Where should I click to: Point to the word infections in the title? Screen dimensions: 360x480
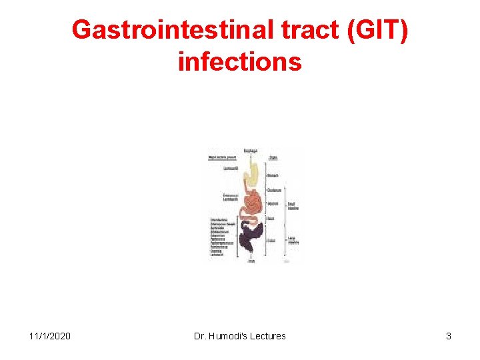click(x=240, y=62)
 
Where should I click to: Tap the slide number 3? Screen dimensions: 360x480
click(x=449, y=336)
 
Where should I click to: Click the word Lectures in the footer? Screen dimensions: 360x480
click(x=268, y=336)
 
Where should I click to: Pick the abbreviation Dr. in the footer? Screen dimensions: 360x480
click(x=200, y=336)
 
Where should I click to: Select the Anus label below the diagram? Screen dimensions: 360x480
click(x=251, y=261)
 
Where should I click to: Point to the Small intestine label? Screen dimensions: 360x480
click(x=293, y=206)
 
